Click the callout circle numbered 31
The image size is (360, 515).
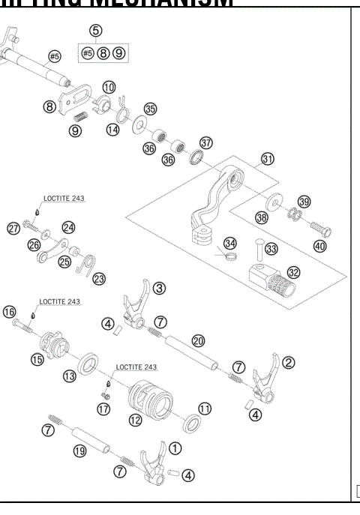[268, 160]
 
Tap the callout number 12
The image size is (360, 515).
[135, 421]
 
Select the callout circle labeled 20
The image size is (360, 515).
[198, 340]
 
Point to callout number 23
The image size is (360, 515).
[99, 278]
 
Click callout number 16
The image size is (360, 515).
[9, 311]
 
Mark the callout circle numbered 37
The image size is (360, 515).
[206, 142]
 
